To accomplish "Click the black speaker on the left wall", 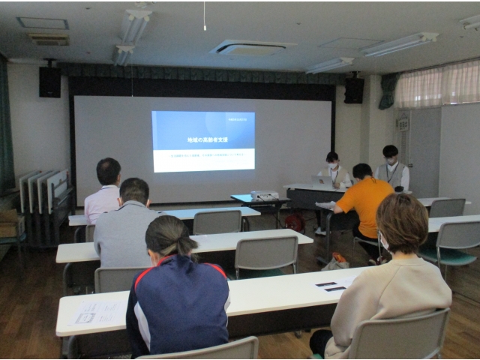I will point(49,81).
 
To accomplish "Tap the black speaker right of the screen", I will point(353,90).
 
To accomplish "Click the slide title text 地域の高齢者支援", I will point(202,140).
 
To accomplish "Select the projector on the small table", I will point(264,196).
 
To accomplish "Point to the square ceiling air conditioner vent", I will point(252,48).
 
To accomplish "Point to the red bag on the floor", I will point(295,223).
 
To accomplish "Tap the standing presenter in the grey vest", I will point(390,168).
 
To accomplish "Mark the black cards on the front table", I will point(331,286).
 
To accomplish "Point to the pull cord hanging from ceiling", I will point(204,16).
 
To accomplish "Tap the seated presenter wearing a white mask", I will point(334,172).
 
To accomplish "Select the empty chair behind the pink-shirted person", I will point(217,222).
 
